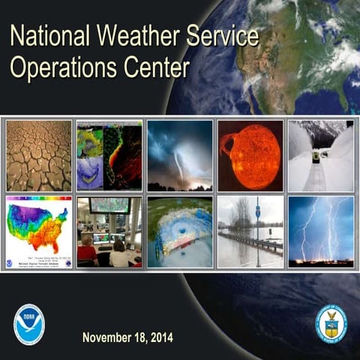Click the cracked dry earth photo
tap(38, 155)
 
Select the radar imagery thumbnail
tap(109, 155)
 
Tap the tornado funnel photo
tap(179, 155)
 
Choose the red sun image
tap(250, 155)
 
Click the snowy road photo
tap(321, 155)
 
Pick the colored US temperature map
tap(38, 231)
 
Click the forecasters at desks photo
tap(109, 231)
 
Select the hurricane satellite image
tap(179, 231)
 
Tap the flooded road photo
tap(250, 231)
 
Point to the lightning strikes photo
tap(321, 231)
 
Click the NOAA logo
tap(29, 324)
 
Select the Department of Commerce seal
tap(331, 323)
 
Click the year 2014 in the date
tap(160, 337)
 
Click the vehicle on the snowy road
tap(316, 157)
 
